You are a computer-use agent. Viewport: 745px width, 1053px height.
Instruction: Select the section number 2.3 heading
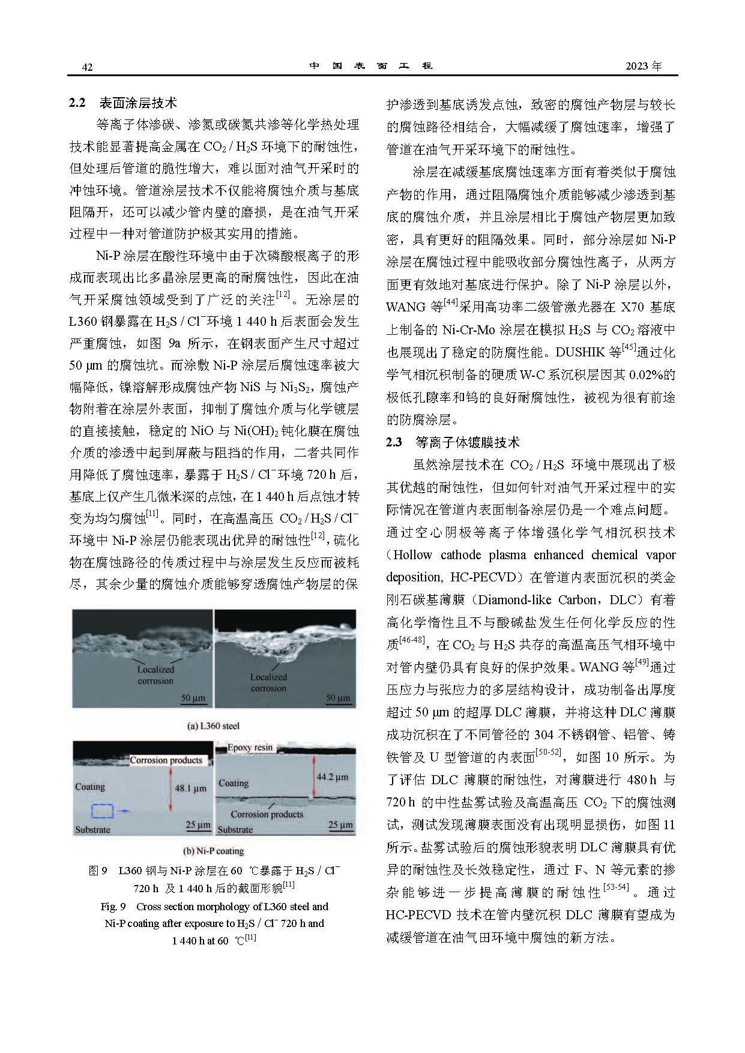point(394,442)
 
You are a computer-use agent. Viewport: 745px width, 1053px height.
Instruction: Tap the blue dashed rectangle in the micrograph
point(102,811)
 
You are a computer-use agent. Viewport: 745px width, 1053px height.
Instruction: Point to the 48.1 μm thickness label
point(190,788)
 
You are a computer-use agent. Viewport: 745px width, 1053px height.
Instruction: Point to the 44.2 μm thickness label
point(332,776)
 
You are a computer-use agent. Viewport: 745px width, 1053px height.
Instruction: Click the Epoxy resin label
point(250,748)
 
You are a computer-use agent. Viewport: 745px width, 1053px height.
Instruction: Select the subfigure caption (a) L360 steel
point(213,726)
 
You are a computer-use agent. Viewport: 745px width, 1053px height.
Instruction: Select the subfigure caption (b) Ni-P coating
point(213,851)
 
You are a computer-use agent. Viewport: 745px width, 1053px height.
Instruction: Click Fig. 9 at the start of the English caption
point(113,907)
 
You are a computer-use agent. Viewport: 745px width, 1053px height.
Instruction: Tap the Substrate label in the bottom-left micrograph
point(92,830)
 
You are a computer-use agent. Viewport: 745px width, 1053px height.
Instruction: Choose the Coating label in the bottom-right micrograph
point(234,783)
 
